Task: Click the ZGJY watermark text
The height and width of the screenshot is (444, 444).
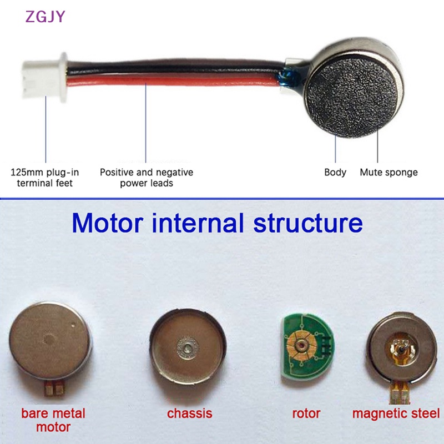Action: click(x=45, y=16)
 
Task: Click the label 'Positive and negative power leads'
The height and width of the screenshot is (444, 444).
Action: click(x=147, y=178)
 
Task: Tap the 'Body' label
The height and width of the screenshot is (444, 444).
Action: click(x=335, y=173)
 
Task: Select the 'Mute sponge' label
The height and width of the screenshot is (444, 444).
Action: click(x=389, y=173)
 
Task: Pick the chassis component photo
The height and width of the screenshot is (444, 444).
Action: click(x=186, y=347)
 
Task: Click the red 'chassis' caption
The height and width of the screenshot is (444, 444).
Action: click(x=189, y=413)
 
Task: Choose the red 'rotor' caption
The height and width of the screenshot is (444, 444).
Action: click(x=306, y=413)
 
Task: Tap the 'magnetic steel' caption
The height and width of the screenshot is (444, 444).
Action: click(x=396, y=413)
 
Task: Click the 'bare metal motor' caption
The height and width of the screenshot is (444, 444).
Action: click(x=53, y=420)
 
